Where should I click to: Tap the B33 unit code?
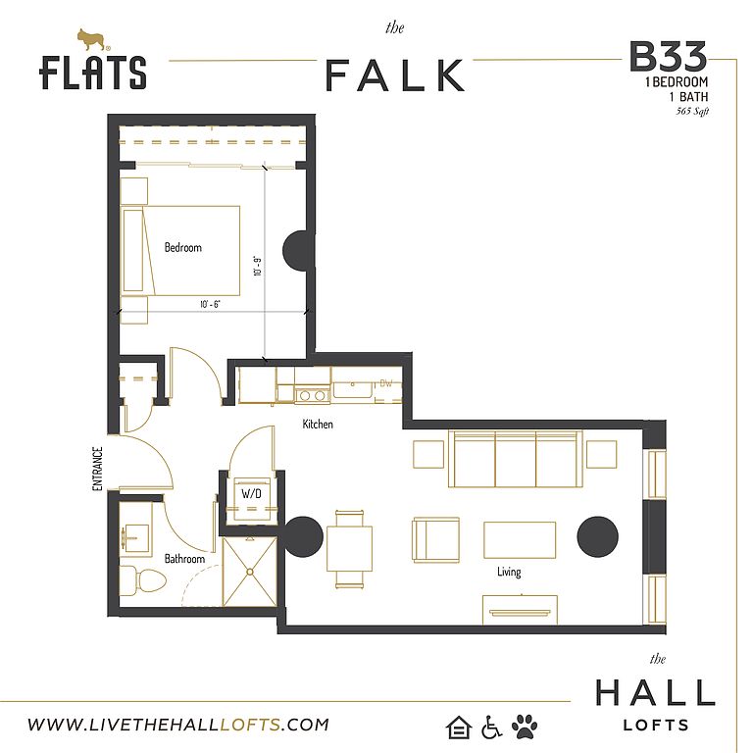pyautogui.click(x=668, y=56)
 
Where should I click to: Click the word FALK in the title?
pyautogui.click(x=395, y=75)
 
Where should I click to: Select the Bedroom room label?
pyautogui.click(x=183, y=247)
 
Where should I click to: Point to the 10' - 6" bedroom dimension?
pyautogui.click(x=210, y=304)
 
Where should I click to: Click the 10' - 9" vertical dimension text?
pyautogui.click(x=258, y=266)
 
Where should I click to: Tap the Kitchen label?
pyautogui.click(x=318, y=424)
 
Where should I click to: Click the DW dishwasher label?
pyautogui.click(x=386, y=383)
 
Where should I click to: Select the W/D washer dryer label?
pyautogui.click(x=251, y=493)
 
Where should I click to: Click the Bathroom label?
pyautogui.click(x=184, y=559)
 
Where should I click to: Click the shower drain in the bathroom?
pyautogui.click(x=250, y=572)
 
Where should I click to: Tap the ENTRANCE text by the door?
pyautogui.click(x=97, y=469)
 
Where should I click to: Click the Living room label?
pyautogui.click(x=509, y=572)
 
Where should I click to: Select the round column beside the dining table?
pyautogui.click(x=303, y=537)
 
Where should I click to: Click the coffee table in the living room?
pyautogui.click(x=520, y=540)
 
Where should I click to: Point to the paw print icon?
pyautogui.click(x=525, y=727)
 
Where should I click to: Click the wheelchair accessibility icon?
pyautogui.click(x=491, y=727)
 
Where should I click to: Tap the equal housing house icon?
pyautogui.click(x=458, y=727)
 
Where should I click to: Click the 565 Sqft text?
pyautogui.click(x=692, y=112)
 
